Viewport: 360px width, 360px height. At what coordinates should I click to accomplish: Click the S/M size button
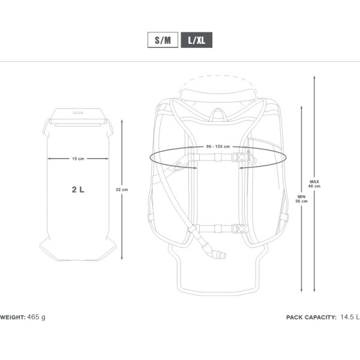(163, 41)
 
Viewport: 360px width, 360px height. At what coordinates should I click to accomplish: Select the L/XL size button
(197, 41)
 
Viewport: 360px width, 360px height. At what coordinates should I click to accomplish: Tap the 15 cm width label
(78, 159)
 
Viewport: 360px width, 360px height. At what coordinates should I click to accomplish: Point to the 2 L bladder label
(78, 190)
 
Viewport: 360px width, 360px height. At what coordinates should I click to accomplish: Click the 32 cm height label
(122, 190)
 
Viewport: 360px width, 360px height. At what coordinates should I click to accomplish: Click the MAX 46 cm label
(314, 184)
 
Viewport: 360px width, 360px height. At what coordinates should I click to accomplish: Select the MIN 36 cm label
(302, 199)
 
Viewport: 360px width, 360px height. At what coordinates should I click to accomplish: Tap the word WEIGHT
(11, 317)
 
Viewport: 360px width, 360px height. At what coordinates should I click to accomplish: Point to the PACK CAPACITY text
(311, 317)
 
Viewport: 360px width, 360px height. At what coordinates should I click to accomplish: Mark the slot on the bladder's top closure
(78, 112)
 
